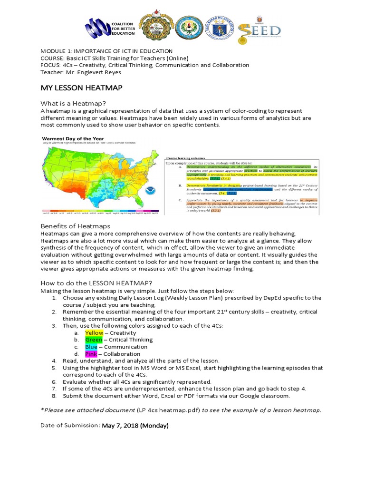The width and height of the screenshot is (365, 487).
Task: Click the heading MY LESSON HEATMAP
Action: [81, 88]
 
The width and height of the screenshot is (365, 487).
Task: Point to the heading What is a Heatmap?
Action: [73, 104]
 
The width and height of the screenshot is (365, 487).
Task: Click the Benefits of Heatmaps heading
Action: [75, 226]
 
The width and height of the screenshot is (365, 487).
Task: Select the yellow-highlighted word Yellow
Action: [94, 333]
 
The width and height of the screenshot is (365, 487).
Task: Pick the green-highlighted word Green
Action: [93, 340]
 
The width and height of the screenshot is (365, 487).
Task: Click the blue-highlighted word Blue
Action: [91, 347]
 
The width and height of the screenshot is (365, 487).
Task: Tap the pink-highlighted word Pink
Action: [91, 354]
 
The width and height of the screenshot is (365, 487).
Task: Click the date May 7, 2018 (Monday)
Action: [135, 426]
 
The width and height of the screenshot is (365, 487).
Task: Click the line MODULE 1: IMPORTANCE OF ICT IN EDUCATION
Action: [106, 51]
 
